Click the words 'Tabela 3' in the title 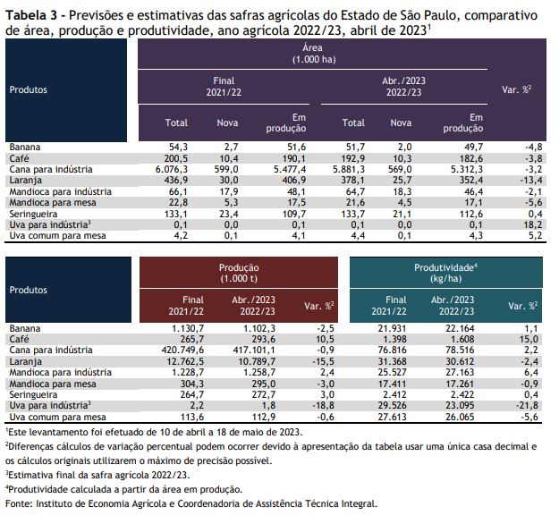click(x=31, y=15)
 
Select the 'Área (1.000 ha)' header click(x=313, y=54)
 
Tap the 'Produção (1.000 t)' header click(x=239, y=273)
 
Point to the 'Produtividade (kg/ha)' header click(x=445, y=273)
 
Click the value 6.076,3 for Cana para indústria click(x=172, y=169)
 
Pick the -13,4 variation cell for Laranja click(x=531, y=181)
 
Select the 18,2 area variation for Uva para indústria click(x=533, y=225)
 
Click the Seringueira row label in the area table click(x=33, y=215)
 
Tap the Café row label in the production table click(x=20, y=339)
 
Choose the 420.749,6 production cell click(x=182, y=350)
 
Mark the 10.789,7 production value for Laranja click(x=257, y=361)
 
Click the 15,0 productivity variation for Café click(x=529, y=339)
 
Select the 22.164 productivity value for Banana click(x=460, y=328)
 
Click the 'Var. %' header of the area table click(x=517, y=89)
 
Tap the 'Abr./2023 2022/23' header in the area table click(x=404, y=87)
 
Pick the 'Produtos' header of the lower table click(x=28, y=290)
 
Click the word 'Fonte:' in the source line click(x=20, y=503)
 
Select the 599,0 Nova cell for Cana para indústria click(x=226, y=169)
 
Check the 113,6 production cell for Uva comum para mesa click(x=192, y=417)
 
